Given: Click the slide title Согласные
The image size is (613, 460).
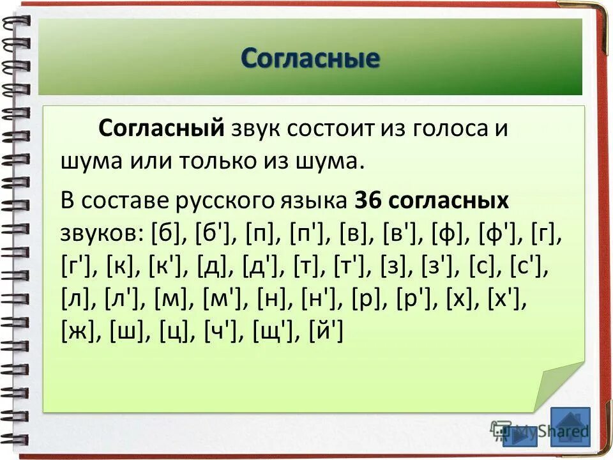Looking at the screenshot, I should click(310, 59).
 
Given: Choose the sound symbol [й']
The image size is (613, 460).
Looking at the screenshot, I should click(326, 332).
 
